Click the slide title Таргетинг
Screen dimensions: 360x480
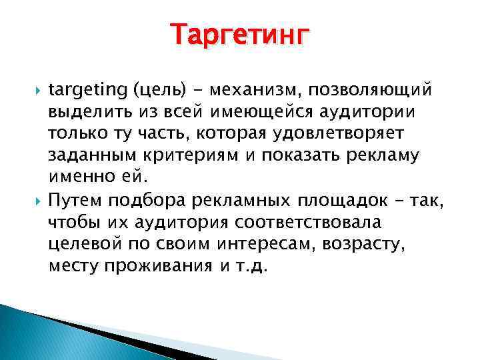[x=240, y=34]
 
